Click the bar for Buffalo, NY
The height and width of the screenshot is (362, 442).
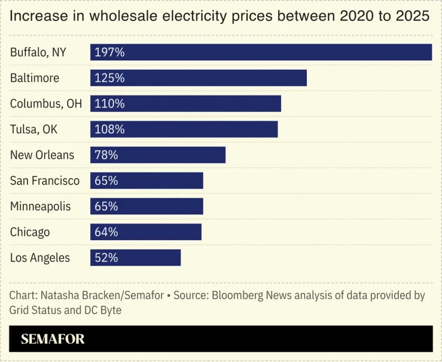[x=261, y=52]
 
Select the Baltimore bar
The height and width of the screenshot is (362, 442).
[x=199, y=78]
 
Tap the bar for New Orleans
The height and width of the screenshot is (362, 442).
[x=158, y=155]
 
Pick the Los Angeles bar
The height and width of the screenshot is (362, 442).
[x=136, y=257]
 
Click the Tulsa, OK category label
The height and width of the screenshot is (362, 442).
[x=34, y=129]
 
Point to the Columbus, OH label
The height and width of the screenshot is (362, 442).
[x=46, y=103]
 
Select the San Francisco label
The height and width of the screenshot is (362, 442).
[x=45, y=180]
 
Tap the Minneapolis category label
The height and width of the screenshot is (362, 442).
[x=41, y=206]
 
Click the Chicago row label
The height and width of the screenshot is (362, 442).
[x=30, y=232]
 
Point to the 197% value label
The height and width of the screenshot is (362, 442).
[x=109, y=52]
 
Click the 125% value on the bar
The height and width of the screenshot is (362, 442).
[x=109, y=78]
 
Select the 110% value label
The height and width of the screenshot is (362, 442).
[x=109, y=103]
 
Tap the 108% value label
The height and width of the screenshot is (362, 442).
[x=109, y=129]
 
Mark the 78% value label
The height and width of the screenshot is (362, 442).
[x=106, y=155]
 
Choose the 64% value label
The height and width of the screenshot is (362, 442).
[x=106, y=232]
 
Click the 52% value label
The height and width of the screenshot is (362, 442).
[x=106, y=257]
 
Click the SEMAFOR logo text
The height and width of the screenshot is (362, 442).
[x=53, y=339]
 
